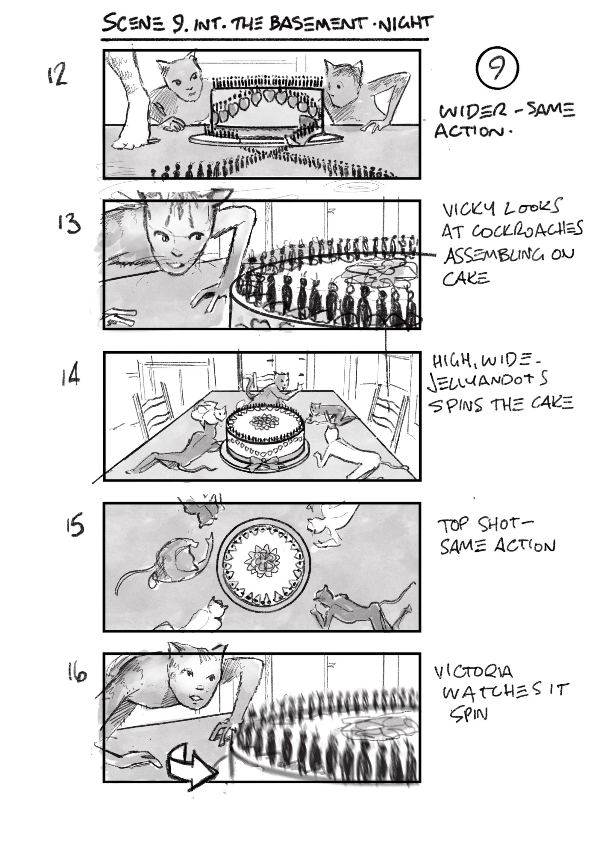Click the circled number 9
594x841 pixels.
tap(497, 68)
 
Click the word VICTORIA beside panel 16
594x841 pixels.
tap(474, 672)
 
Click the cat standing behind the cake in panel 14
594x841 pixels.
tap(274, 388)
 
